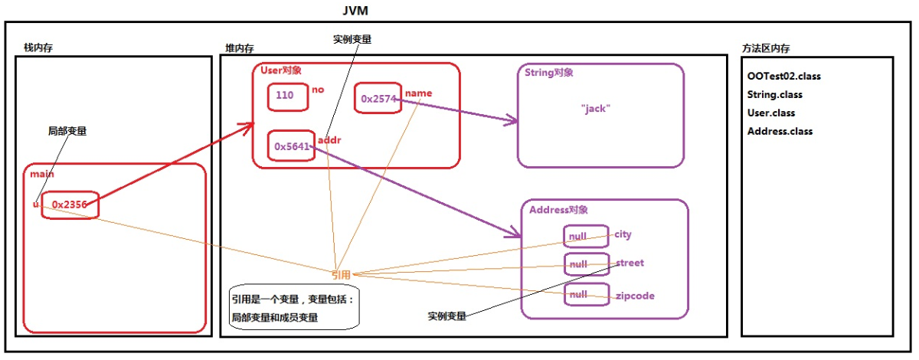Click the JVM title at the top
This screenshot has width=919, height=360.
click(x=357, y=11)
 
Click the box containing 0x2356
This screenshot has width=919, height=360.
click(x=70, y=205)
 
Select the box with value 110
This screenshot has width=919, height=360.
click(x=286, y=97)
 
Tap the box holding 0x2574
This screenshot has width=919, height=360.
click(x=378, y=99)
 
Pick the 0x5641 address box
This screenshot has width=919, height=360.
click(x=291, y=146)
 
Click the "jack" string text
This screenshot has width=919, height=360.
click(x=594, y=109)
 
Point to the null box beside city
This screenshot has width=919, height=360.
click(x=586, y=236)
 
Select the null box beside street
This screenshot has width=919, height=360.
click(x=586, y=265)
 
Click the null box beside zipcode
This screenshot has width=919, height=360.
click(x=586, y=295)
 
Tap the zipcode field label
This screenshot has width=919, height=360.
click(x=635, y=296)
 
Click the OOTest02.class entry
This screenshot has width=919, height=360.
click(x=785, y=77)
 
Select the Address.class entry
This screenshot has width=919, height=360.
click(x=780, y=131)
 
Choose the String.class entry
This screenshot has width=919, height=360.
click(x=774, y=95)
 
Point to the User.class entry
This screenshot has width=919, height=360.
click(x=772, y=113)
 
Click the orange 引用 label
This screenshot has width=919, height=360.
click(x=341, y=274)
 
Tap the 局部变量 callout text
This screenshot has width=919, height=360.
click(x=67, y=131)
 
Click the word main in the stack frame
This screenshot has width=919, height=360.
click(x=42, y=175)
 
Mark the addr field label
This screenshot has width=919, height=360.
click(x=329, y=142)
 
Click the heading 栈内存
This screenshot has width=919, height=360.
click(x=38, y=48)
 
